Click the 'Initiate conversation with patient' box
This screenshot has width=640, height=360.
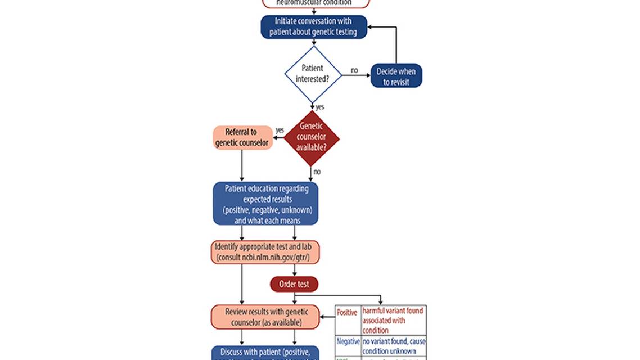point(314,27)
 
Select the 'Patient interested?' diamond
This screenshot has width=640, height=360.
point(313,74)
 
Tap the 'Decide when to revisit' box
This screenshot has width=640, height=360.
point(396,76)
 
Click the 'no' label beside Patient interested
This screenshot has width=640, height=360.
point(354,70)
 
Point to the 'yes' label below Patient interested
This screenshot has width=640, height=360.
point(320,106)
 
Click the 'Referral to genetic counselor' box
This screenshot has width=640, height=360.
point(241,138)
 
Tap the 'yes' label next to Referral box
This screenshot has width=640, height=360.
point(280,130)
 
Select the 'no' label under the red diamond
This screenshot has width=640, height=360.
point(317,172)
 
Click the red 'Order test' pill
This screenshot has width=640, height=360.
point(294,284)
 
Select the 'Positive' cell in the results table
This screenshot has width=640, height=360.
point(347,312)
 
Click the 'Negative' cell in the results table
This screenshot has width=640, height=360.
point(348,341)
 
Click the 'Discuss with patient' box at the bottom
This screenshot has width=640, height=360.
point(265,353)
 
